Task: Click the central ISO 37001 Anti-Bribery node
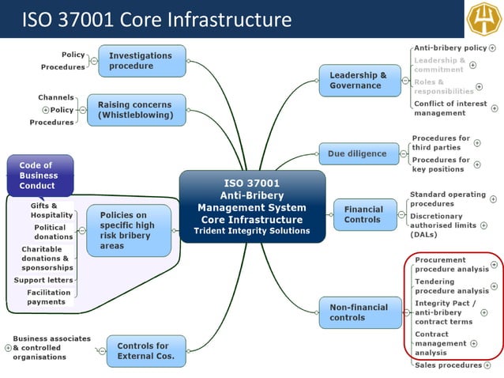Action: click(252, 206)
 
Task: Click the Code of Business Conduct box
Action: click(39, 176)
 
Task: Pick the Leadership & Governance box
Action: click(359, 81)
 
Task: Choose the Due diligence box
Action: click(358, 153)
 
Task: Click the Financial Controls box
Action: click(363, 214)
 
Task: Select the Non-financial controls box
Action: click(359, 312)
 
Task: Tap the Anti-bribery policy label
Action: click(450, 48)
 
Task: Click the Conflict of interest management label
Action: click(449, 108)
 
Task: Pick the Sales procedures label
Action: click(448, 365)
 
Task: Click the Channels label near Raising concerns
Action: click(56, 97)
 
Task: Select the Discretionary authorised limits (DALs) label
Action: click(442, 225)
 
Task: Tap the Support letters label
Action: click(43, 280)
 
